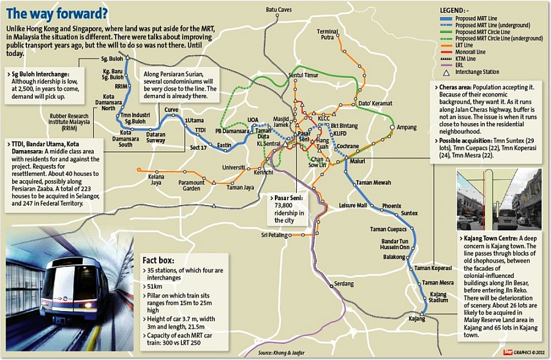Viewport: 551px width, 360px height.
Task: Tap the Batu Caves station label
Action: point(279,10)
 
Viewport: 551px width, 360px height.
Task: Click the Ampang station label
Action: point(407,127)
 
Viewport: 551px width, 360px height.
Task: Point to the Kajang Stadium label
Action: point(438,298)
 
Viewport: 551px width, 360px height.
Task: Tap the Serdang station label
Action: point(343,283)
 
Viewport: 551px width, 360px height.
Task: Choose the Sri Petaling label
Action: point(272,234)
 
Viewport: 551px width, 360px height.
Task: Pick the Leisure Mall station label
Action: point(353,205)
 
